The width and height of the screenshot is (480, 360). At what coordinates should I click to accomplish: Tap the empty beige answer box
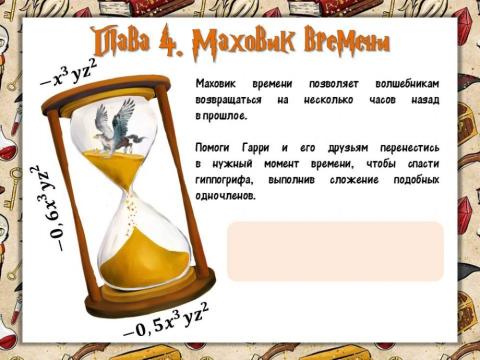point(335,251)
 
